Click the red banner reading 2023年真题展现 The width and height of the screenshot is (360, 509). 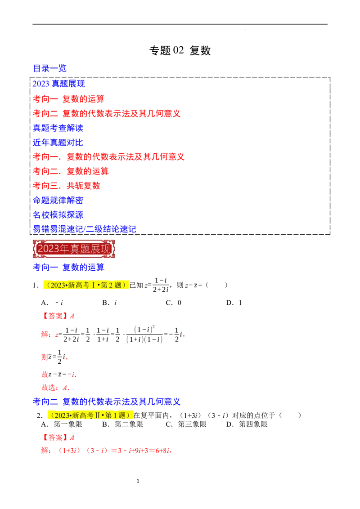click(74, 248)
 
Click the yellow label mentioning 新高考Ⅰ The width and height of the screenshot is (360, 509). click(86, 285)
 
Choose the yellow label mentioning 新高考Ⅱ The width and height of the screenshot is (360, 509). click(91, 415)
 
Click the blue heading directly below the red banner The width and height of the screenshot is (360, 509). click(68, 268)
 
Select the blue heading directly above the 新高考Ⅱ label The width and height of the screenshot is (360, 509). click(107, 401)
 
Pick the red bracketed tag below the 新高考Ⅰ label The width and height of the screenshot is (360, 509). click(58, 316)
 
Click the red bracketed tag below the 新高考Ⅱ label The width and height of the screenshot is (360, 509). click(58, 437)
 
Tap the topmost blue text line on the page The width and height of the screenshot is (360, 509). click(50, 68)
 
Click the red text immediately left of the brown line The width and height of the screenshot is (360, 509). click(109, 156)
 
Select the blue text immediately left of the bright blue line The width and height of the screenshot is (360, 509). click(58, 143)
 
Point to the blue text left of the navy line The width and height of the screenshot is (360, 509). click(58, 214)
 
